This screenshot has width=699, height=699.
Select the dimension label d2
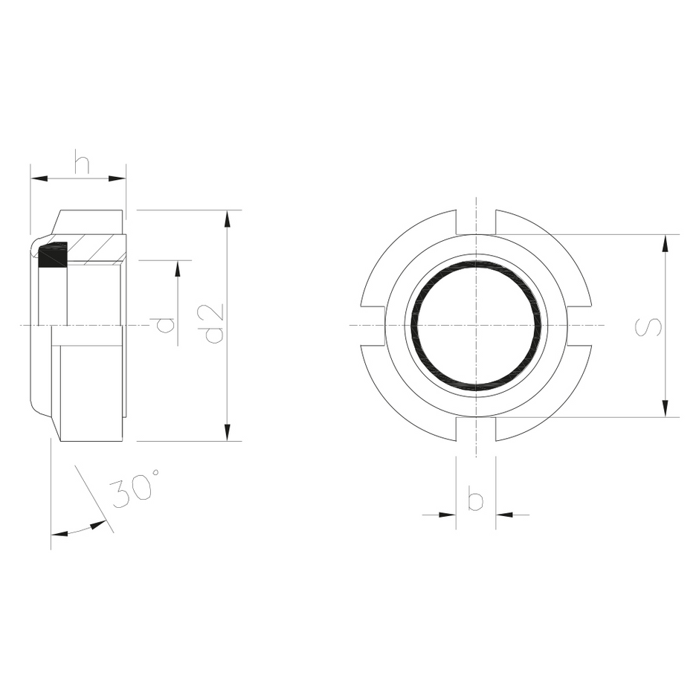[214, 324]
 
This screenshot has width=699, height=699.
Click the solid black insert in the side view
[53, 256]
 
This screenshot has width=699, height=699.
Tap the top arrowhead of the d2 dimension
[228, 219]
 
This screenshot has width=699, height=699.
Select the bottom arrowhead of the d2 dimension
[228, 432]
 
